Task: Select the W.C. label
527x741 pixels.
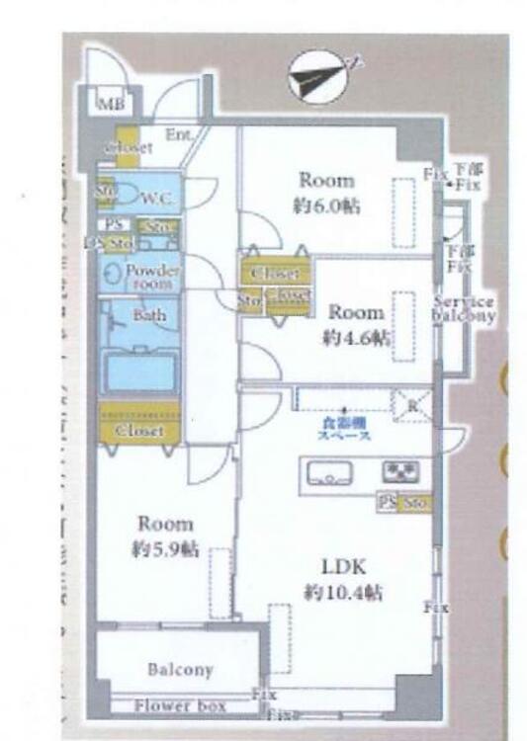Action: coord(157,198)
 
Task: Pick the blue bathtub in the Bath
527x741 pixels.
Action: coord(141,371)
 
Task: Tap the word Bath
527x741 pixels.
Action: coord(150,317)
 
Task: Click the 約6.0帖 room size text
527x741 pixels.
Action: coord(326,206)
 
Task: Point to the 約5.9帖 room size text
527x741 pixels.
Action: coord(165,549)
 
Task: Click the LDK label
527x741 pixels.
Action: coord(343,567)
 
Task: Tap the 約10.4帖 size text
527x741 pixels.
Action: coord(343,593)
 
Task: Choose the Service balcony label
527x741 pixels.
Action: coord(464,309)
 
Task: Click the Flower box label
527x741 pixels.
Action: coord(180,705)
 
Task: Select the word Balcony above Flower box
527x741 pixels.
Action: coord(180,670)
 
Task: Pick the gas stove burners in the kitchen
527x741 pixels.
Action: coord(400,471)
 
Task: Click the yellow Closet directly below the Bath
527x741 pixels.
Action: coord(138,431)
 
